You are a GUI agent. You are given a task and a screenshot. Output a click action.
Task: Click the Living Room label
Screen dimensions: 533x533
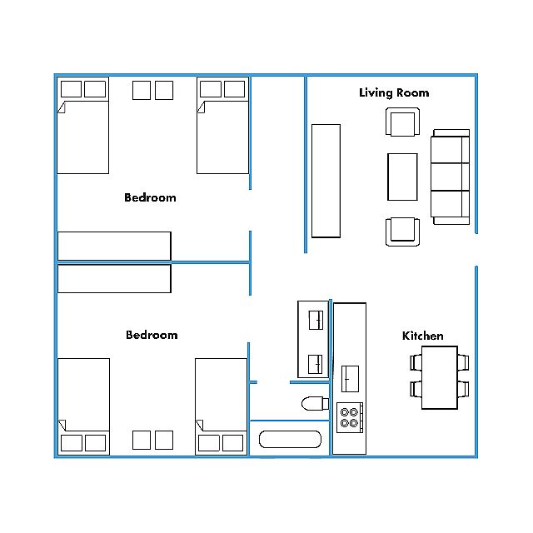[394, 92]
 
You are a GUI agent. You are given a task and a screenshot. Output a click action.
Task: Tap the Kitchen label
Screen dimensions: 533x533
[422, 336]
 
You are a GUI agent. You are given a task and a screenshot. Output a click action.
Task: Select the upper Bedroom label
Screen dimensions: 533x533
[150, 197]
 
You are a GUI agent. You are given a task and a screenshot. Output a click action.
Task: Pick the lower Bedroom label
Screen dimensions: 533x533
[152, 335]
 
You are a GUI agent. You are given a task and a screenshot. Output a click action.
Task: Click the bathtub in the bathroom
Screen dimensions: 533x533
[290, 439]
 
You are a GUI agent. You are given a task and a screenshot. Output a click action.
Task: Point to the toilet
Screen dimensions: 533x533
[315, 403]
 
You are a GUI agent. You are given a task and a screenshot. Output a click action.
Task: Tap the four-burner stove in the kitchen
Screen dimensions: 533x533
[350, 417]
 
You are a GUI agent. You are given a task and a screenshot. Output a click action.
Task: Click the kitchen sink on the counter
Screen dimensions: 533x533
[350, 379]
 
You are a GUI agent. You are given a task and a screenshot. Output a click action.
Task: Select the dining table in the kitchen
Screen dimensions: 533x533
[440, 377]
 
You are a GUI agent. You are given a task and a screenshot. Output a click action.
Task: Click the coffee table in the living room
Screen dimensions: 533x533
[402, 177]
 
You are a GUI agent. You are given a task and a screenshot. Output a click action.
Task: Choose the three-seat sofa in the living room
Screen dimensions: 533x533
[450, 177]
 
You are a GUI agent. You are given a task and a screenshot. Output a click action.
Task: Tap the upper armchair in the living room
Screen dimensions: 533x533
[402, 122]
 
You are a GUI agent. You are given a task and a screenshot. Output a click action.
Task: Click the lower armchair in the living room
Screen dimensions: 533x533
[402, 232]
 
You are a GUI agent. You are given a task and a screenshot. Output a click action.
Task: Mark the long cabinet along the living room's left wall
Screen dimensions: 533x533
[326, 181]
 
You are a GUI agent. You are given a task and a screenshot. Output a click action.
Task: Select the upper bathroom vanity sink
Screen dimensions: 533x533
[316, 320]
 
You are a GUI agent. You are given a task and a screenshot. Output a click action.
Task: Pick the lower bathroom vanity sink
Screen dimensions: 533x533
[315, 364]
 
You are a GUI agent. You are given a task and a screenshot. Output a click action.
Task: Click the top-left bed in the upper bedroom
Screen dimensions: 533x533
[83, 126]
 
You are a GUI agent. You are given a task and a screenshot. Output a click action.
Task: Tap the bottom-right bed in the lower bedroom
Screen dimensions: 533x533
[221, 406]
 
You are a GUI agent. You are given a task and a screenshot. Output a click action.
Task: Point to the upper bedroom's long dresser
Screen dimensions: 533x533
[114, 247]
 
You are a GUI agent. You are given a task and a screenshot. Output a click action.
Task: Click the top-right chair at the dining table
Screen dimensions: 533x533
[463, 362]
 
